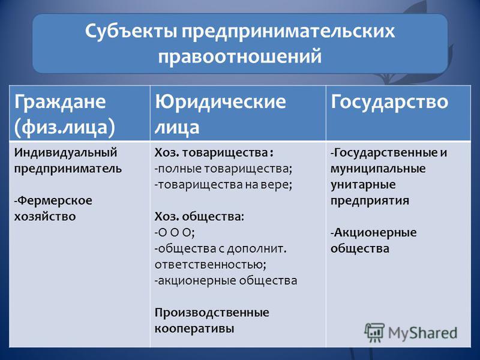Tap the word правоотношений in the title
(239, 56)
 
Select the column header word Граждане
(60, 101)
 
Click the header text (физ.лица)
(65, 127)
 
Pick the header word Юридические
(220, 101)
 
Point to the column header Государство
(389, 101)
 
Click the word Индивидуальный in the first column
(65, 152)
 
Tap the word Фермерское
(53, 200)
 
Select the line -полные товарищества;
(223, 169)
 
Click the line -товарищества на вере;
(223, 185)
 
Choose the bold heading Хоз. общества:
(199, 217)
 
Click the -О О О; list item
(175, 233)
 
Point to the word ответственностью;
(211, 265)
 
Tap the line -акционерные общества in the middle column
(226, 281)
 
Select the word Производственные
(212, 313)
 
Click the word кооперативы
(194, 329)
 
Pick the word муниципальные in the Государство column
(378, 169)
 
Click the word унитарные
(363, 185)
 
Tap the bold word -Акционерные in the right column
(373, 233)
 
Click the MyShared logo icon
(374, 332)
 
